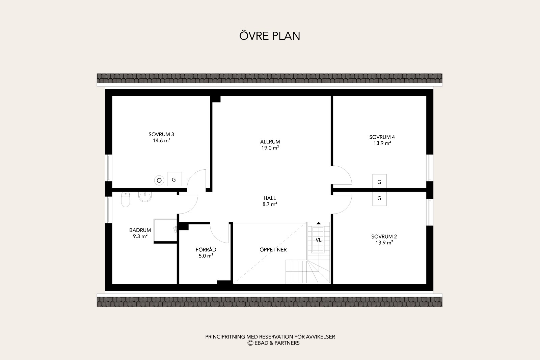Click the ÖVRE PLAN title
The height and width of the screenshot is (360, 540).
coord(270,36)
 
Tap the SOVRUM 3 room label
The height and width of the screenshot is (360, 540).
coord(161,135)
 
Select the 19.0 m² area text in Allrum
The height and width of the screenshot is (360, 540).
coord(270,148)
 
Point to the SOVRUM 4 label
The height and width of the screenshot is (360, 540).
coord(382,137)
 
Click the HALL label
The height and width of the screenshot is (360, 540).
coord(270,198)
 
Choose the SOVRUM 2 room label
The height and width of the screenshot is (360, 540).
coord(384,237)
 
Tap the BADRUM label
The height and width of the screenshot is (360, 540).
coord(140,230)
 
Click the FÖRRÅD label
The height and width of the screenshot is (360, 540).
coord(206,250)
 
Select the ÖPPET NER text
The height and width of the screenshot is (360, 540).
coord(273,250)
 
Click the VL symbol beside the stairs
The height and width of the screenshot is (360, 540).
coord(319,240)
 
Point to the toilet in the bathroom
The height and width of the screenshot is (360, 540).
coord(125,199)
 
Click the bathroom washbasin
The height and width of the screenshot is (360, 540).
coord(145,196)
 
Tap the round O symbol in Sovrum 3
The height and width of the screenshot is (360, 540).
coord(159,180)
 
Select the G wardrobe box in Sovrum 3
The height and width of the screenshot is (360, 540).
coord(175,179)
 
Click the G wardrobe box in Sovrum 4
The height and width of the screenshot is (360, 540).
coord(379,182)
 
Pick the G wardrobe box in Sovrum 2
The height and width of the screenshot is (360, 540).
coord(379,198)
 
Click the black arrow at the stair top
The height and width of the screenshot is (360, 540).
coord(319,223)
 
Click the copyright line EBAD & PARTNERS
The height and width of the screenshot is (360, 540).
coord(273,343)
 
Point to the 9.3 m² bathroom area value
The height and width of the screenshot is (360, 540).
coord(140,236)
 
